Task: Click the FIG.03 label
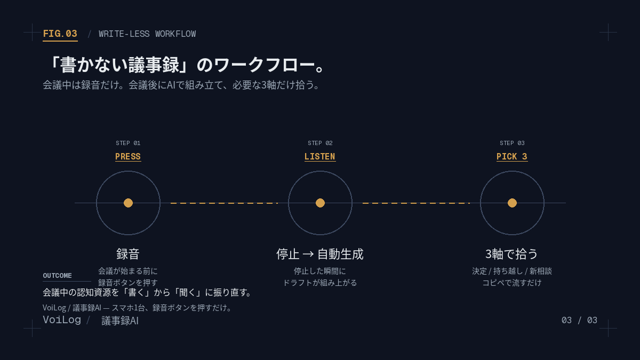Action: tap(60, 34)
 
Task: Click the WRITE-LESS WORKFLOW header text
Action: tap(147, 34)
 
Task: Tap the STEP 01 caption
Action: tap(128, 143)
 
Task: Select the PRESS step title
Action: tap(128, 157)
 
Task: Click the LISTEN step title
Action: tap(319, 157)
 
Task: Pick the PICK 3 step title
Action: tap(511, 157)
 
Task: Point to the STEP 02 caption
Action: tap(320, 143)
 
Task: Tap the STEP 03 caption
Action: tap(512, 143)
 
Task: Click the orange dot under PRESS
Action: tap(129, 203)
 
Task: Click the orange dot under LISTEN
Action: tap(321, 203)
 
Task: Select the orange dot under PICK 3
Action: tap(513, 203)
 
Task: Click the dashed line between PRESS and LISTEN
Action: tap(225, 203)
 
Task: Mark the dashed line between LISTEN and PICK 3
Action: tap(417, 203)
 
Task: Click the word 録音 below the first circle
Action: tap(127, 254)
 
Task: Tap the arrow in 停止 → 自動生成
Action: tap(308, 254)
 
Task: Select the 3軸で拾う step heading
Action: tap(511, 254)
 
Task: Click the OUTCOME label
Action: tap(57, 276)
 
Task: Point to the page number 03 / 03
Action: tap(579, 321)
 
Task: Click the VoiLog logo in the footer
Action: tap(62, 319)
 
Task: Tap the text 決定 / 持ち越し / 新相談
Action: tap(511, 271)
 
